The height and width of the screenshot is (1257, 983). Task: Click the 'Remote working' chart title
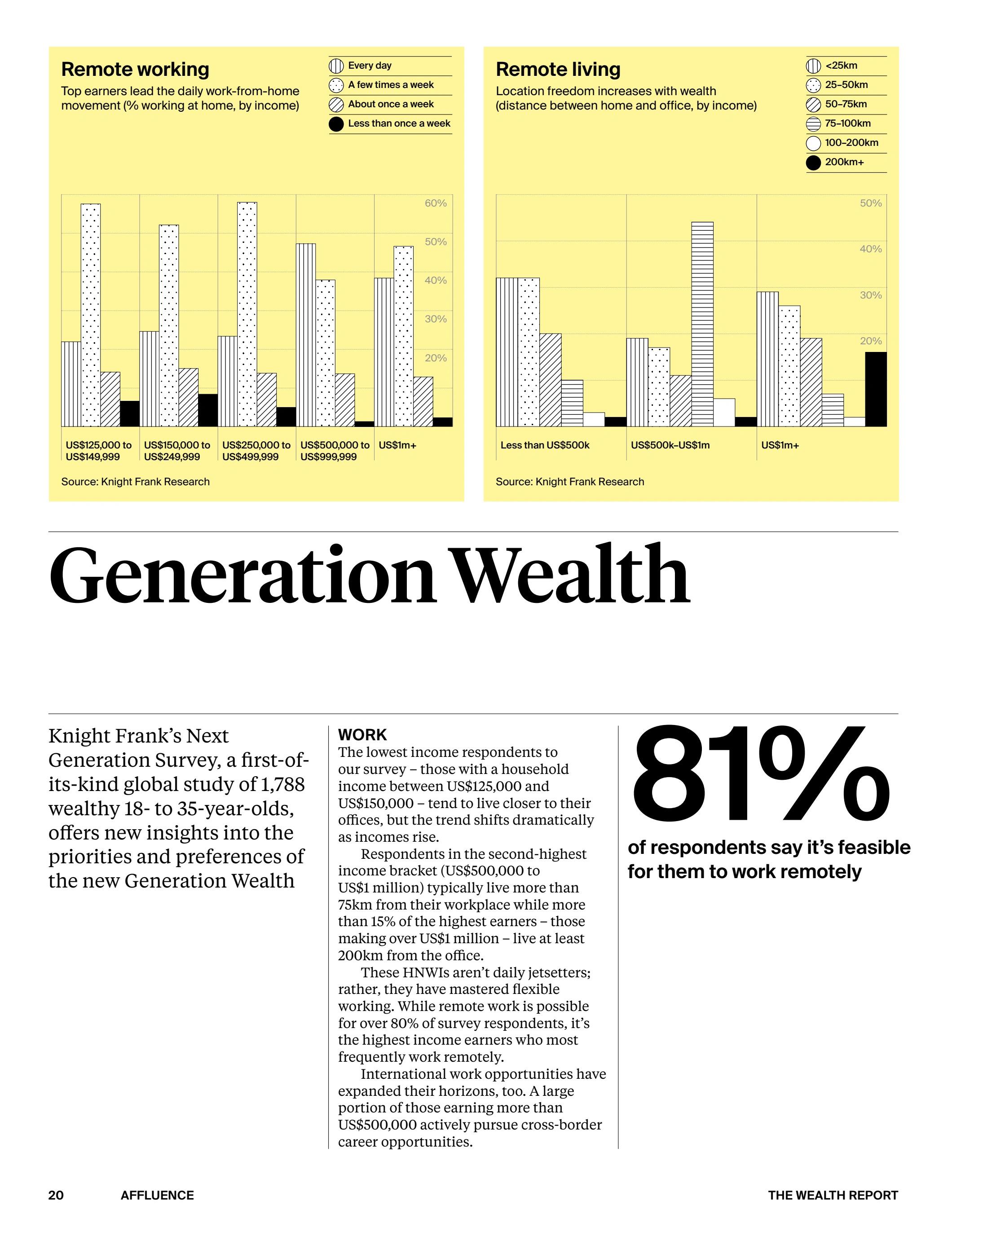click(135, 69)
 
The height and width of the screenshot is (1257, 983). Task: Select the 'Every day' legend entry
click(369, 66)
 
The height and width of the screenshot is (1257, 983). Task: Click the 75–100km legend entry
click(847, 124)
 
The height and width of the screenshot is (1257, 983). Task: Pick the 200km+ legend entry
click(844, 163)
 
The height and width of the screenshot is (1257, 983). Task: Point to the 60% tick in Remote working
click(435, 203)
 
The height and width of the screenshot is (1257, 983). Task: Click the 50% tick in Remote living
click(870, 203)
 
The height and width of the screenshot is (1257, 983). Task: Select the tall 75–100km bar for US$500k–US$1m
click(702, 324)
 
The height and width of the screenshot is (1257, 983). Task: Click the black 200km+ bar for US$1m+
click(876, 389)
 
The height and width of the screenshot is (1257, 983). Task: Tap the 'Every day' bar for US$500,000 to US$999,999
click(306, 335)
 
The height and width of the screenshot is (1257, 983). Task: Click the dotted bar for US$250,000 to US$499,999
click(247, 314)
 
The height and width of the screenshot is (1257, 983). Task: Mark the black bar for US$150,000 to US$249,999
click(208, 410)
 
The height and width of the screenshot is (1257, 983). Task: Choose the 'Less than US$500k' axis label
click(545, 445)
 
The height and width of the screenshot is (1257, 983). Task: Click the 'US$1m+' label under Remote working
click(397, 445)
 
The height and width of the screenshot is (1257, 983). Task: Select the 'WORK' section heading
click(362, 735)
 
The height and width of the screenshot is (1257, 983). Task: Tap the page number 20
click(56, 1195)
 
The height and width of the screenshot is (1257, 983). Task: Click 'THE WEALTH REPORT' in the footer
click(833, 1195)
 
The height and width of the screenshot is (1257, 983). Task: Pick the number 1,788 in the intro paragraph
click(282, 784)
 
